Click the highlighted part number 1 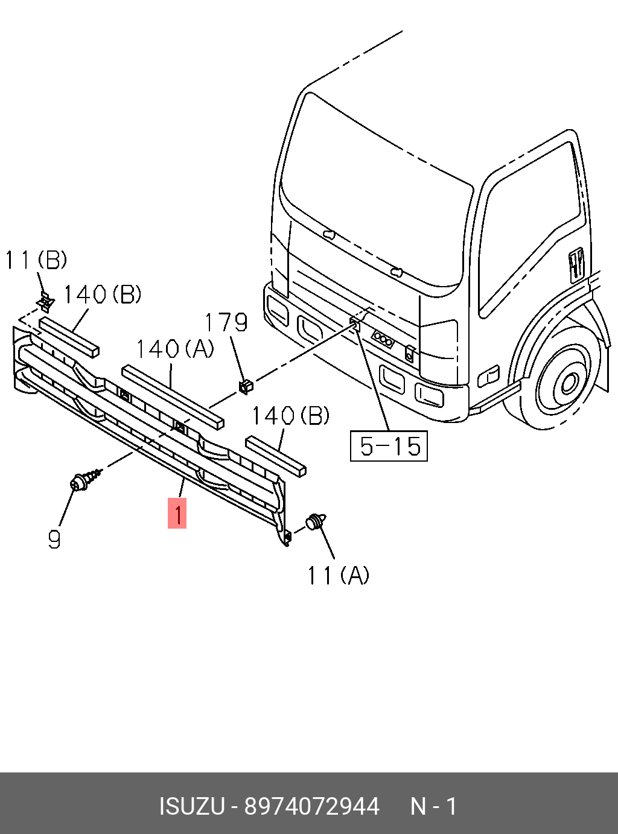coord(177,514)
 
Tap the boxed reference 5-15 coord(389,446)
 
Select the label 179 coord(226,323)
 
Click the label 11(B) coord(36,261)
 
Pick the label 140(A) coord(175,349)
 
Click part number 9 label coord(54,539)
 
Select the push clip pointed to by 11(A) coord(316,521)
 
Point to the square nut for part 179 coord(245,386)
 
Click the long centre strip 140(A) coord(173,396)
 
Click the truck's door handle coord(576,264)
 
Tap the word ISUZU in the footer coord(192,806)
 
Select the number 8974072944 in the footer coord(311,806)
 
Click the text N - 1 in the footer coord(433,806)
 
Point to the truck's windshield coord(374,193)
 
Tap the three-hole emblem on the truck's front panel coord(383,339)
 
